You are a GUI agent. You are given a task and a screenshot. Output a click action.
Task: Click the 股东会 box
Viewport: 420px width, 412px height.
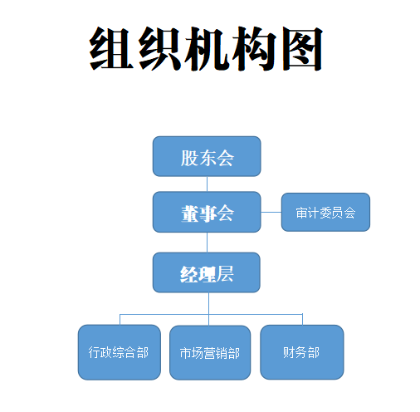[x=207, y=156]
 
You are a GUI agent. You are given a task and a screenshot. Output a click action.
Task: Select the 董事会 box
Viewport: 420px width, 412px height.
[x=207, y=212]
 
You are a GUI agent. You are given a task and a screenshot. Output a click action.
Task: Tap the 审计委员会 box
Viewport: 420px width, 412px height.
[x=325, y=212]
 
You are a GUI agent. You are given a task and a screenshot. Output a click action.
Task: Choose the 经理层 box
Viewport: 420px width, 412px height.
[x=207, y=272]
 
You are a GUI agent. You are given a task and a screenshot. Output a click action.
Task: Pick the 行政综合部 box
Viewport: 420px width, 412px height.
[x=120, y=352]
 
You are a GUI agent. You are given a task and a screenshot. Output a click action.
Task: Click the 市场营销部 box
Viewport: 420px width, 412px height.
[x=210, y=352]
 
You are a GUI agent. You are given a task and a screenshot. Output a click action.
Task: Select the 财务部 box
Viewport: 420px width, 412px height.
[x=302, y=352]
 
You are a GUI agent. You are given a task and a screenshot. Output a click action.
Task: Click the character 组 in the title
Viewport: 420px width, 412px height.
[x=111, y=48]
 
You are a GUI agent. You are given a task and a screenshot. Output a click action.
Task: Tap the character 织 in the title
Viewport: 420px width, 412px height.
[x=159, y=48]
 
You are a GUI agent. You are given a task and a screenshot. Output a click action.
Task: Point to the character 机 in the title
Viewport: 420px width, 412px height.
[x=206, y=48]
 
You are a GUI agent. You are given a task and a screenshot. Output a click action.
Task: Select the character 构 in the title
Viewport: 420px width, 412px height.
[x=254, y=48]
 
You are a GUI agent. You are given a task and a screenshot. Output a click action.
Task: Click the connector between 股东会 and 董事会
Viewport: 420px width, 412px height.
[x=207, y=184]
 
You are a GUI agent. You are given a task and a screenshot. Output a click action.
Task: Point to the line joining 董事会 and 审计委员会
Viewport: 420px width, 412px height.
[x=271, y=213]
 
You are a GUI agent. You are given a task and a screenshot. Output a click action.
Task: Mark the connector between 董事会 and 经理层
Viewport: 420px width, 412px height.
[x=207, y=243]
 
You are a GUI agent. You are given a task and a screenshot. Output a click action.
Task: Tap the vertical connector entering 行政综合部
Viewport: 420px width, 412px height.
[x=120, y=320]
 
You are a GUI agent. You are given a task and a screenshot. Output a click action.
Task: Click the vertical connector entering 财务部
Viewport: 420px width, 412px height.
[x=302, y=319]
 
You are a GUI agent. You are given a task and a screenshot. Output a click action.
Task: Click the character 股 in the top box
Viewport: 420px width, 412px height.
[x=189, y=158]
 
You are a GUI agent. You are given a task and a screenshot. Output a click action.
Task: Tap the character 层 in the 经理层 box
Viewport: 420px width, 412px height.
[x=225, y=274]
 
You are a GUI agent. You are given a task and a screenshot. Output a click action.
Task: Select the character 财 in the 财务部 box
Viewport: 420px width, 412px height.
[x=289, y=352]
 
